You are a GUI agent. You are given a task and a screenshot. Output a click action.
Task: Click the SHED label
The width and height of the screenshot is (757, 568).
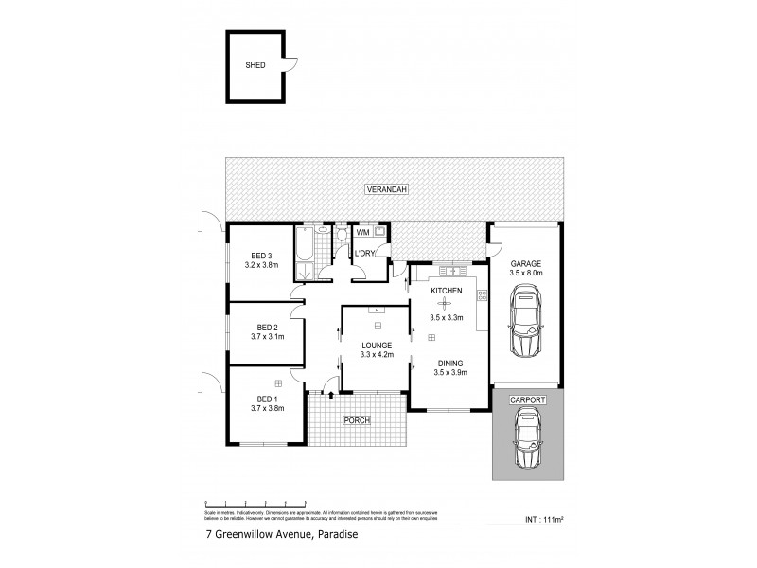(255, 65)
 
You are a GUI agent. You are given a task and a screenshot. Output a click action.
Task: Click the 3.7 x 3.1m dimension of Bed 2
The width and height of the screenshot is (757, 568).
(266, 336)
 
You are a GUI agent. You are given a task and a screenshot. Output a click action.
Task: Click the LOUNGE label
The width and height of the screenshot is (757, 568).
(376, 345)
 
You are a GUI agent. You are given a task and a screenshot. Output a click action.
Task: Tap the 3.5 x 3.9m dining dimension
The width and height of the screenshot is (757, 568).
(449, 373)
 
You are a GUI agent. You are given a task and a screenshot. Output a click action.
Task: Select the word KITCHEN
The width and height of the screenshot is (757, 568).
(447, 291)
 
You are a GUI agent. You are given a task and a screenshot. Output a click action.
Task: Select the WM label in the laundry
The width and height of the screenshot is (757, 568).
(362, 232)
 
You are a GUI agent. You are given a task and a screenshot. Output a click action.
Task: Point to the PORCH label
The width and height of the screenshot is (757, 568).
(357, 420)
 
